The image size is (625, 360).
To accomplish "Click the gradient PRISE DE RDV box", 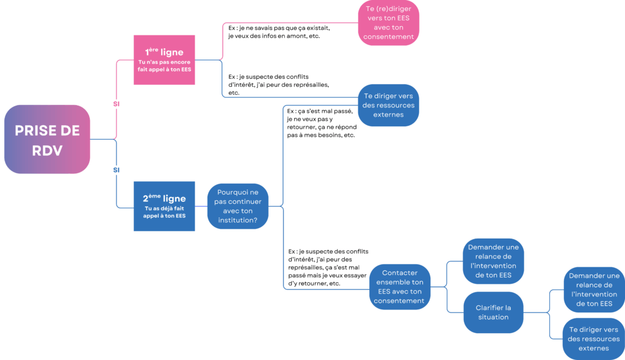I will point(47,140).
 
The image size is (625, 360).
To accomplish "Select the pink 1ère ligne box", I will point(164,60).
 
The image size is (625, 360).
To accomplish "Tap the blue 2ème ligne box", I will point(164,206).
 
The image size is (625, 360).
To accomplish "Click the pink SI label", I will point(117,104).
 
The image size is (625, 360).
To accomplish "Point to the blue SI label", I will point(117,170).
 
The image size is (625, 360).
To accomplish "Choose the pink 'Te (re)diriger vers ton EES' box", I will point(388,23).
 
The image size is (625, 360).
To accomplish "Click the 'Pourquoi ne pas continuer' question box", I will point(237,206).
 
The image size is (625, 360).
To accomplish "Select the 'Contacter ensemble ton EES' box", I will point(399,287).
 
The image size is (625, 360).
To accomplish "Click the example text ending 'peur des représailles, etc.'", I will point(278,85).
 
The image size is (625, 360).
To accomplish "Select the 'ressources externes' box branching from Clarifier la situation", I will point(593,339).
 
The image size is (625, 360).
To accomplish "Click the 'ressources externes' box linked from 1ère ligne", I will point(388,105).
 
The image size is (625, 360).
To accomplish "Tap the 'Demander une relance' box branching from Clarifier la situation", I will point(593,290).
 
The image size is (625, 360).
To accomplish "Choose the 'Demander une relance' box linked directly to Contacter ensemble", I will point(493,261).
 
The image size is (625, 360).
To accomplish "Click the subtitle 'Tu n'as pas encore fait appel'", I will point(164,66).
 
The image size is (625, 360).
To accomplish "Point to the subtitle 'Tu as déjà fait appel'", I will point(164,212).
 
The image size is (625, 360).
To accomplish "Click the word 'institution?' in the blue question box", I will point(237,220).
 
